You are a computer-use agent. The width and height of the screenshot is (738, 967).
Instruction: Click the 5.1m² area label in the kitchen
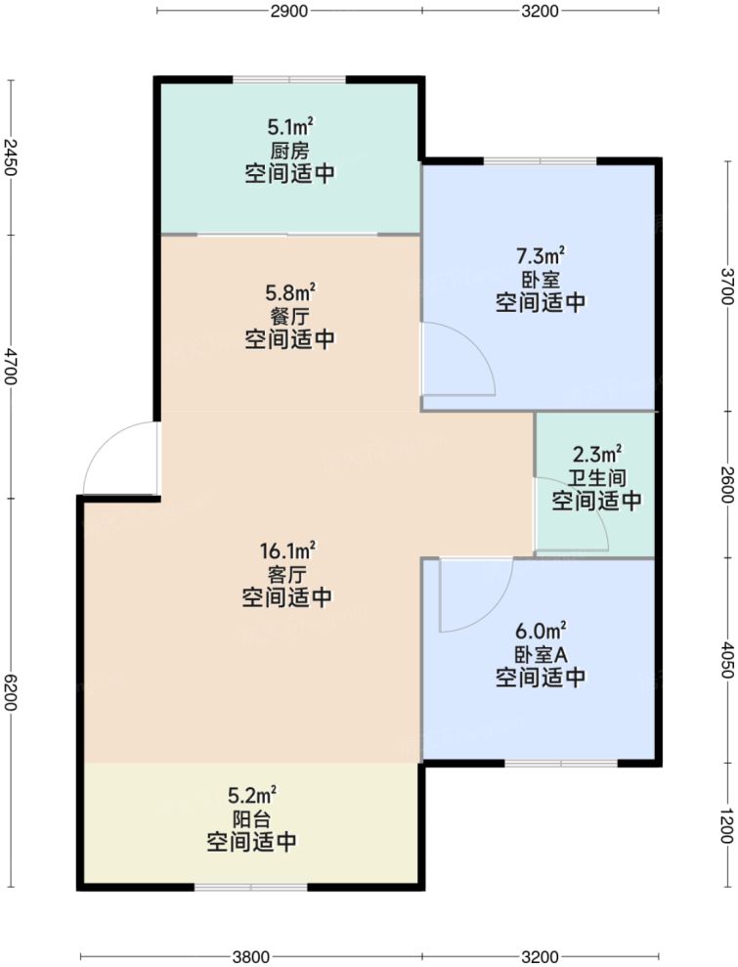click(x=290, y=127)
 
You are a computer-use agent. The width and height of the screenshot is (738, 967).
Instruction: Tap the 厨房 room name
click(x=290, y=151)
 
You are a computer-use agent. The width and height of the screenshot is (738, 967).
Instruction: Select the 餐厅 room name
click(x=290, y=315)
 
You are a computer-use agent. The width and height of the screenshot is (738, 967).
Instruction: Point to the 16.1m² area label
click(x=290, y=550)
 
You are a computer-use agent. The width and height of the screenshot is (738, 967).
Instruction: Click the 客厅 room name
click(x=290, y=574)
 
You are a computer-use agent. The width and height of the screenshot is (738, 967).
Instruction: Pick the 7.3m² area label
click(x=541, y=256)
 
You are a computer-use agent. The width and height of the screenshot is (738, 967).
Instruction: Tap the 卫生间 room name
click(x=596, y=478)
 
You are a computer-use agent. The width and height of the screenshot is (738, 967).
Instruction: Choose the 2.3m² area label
click(x=596, y=455)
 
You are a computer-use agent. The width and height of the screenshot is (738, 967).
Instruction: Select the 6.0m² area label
click(x=541, y=631)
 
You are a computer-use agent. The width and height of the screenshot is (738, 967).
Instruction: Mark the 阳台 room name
click(x=252, y=818)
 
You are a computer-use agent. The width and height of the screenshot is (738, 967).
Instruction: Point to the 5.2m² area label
click(x=252, y=795)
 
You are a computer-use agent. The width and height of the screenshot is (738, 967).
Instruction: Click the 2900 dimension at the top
click(x=288, y=11)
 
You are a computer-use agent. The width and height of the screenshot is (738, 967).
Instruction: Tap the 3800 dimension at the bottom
click(x=251, y=955)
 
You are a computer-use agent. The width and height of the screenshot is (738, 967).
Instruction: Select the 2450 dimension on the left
click(x=10, y=156)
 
